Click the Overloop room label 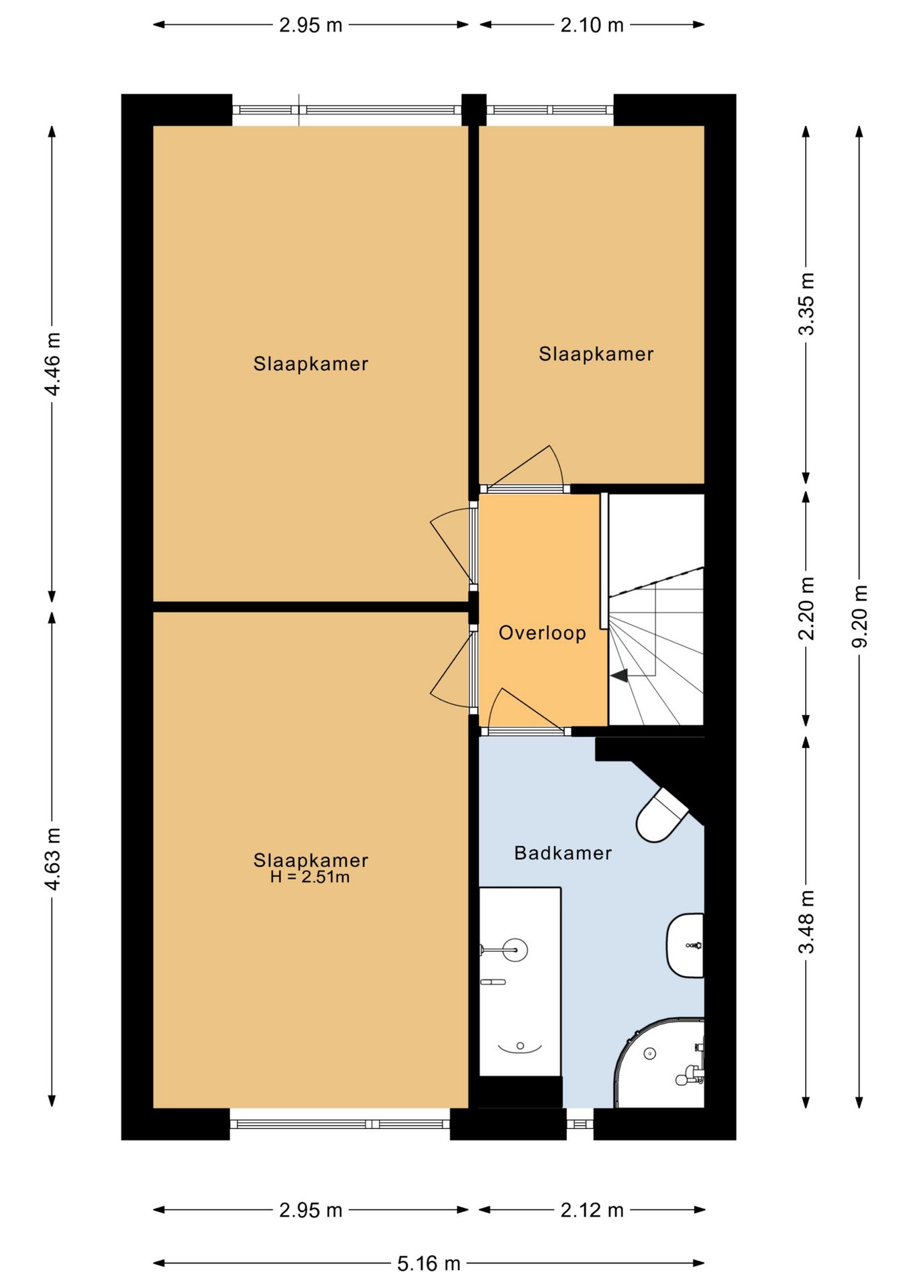pos(542,633)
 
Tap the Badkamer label pos(563,853)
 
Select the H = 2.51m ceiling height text pos(310,877)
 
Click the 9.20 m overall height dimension pos(859,616)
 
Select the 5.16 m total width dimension pos(429,1264)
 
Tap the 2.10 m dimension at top pos(592,25)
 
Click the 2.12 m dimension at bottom pos(592,1210)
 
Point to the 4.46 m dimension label pos(52,363)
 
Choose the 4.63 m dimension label pos(52,859)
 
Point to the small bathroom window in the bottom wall pos(580,1123)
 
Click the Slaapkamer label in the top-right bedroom pos(596,354)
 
